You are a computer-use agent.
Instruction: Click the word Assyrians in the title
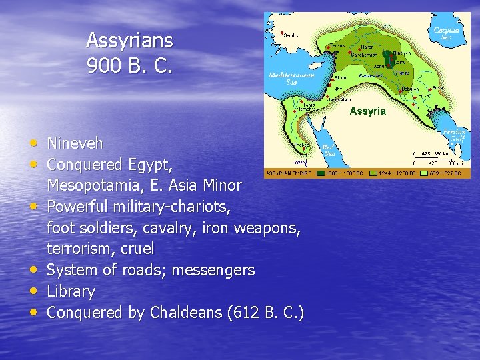pos(129,41)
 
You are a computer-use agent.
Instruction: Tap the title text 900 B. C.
pos(129,66)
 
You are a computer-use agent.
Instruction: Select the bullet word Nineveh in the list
pos(75,143)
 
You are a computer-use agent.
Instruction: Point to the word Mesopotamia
pos(91,185)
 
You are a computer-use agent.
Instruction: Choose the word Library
pos(71,291)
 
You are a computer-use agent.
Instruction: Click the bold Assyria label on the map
pos(367,111)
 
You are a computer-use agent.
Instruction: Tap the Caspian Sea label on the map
pos(445,33)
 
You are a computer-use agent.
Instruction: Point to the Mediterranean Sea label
pos(287,77)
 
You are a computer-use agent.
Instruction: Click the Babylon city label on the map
pos(409,88)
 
